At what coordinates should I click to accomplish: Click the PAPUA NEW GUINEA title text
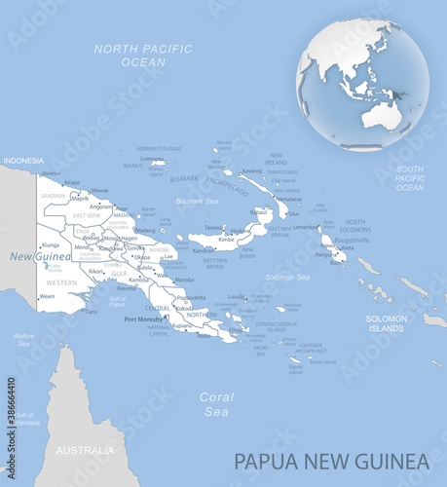click(331, 460)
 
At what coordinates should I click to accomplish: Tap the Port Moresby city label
click(143, 318)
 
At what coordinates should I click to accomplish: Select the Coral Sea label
click(216, 403)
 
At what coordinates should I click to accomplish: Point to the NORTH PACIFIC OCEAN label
click(130, 55)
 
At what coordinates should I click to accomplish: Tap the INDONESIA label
click(23, 160)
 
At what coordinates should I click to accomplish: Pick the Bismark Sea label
click(196, 201)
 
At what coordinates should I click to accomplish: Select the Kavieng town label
click(252, 171)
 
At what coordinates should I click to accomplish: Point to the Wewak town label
click(98, 191)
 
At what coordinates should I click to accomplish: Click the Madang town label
click(144, 231)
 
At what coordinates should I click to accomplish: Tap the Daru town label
click(91, 312)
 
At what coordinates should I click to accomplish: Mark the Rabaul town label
click(259, 211)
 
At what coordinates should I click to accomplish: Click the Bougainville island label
click(353, 239)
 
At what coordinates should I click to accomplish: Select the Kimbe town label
click(226, 239)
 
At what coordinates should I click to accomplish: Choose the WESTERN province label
click(61, 282)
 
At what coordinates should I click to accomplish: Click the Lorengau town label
click(152, 159)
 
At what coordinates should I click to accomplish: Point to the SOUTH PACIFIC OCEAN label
click(410, 178)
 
